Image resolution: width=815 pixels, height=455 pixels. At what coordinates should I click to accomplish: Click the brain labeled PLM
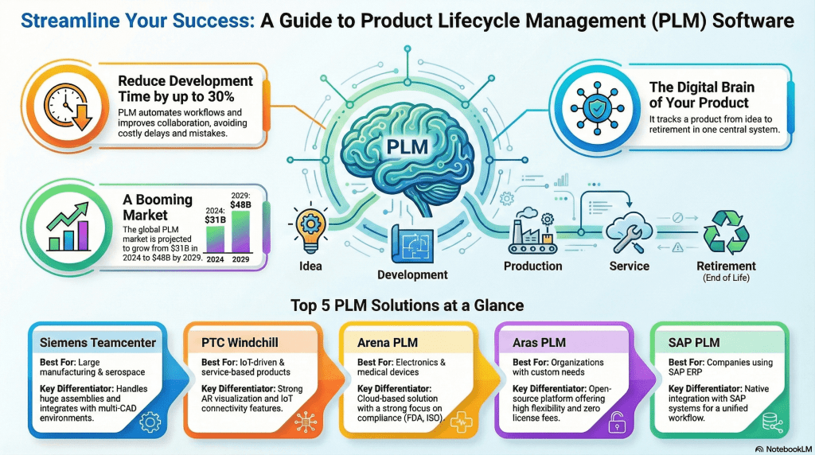pos(407,148)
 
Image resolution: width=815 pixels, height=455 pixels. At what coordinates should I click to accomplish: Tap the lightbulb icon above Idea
pos(311,227)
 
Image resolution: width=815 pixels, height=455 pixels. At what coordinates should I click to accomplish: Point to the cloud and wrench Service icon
pos(629,231)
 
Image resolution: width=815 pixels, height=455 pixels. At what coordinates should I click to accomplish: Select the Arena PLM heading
pos(382,342)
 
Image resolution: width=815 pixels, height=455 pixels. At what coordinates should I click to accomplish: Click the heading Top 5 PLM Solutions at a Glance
pos(407,304)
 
